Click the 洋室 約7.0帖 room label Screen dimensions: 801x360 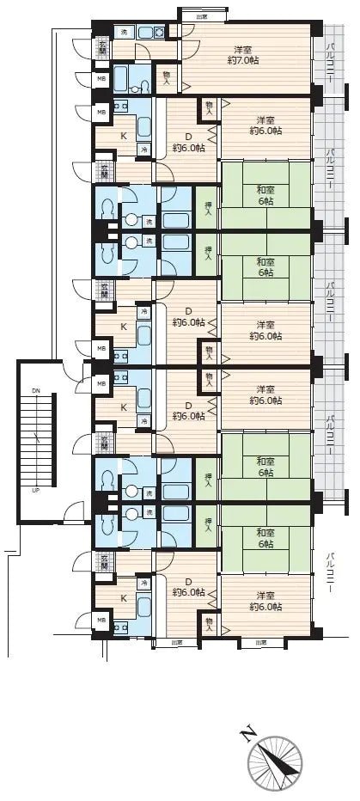point(247,55)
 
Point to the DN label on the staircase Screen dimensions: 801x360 point(35,391)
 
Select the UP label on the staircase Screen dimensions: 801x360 point(35,490)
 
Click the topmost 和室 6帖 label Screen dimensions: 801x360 point(264,194)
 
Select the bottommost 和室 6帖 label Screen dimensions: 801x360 point(264,537)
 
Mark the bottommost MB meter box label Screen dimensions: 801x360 point(101,620)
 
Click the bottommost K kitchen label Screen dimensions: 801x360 point(123,598)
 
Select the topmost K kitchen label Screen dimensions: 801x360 point(123,136)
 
